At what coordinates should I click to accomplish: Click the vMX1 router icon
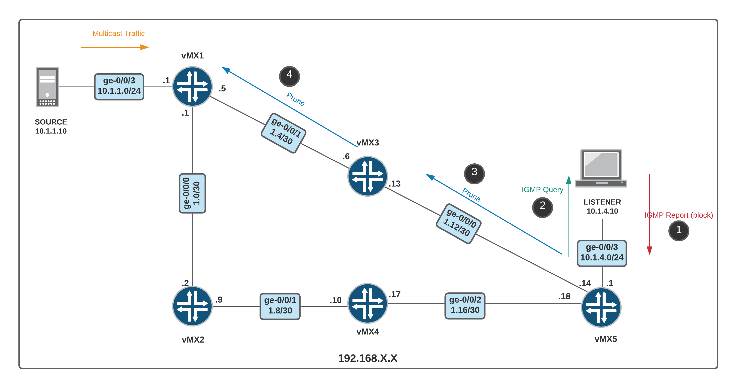pyautogui.click(x=192, y=86)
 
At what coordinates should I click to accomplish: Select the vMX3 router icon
pyautogui.click(x=367, y=176)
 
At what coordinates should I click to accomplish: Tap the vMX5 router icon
pyautogui.click(x=601, y=307)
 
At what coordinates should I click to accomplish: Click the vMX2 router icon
pyautogui.click(x=192, y=306)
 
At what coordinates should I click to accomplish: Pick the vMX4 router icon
pyautogui.click(x=367, y=303)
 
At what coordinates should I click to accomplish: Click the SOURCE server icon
pyautogui.click(x=47, y=87)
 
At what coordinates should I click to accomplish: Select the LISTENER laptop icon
pyautogui.click(x=601, y=169)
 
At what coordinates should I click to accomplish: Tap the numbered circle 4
pyautogui.click(x=289, y=76)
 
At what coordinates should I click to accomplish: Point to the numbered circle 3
pyautogui.click(x=474, y=173)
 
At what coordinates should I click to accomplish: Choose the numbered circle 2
pyautogui.click(x=542, y=207)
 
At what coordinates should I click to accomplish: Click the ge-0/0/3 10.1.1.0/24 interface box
pyautogui.click(x=119, y=86)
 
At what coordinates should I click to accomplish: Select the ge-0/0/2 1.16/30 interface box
pyautogui.click(x=465, y=306)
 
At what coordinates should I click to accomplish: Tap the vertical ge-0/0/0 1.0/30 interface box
pyautogui.click(x=192, y=193)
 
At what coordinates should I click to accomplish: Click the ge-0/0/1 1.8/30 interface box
pyautogui.click(x=280, y=306)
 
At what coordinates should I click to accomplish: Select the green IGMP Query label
pyautogui.click(x=542, y=190)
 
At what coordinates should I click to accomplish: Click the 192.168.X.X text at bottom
pyautogui.click(x=367, y=358)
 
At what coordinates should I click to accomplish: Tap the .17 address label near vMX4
pyautogui.click(x=395, y=294)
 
